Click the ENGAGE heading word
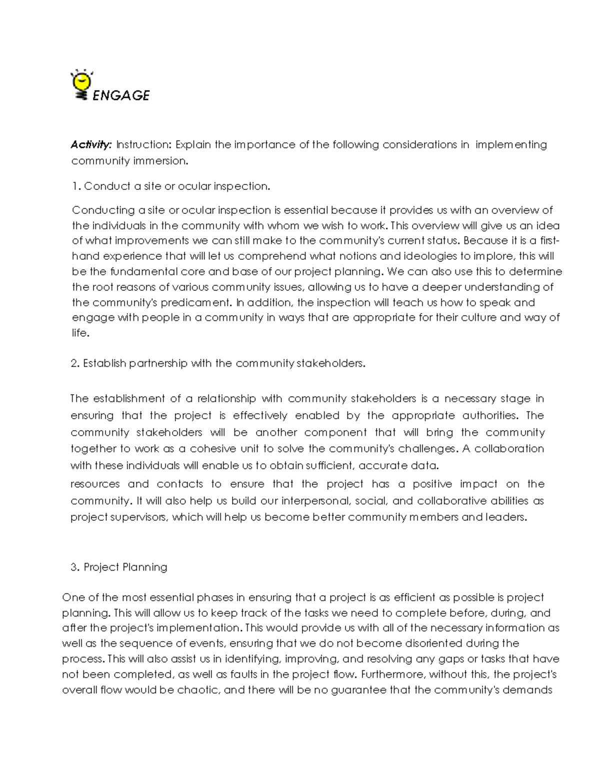pyautogui.click(x=121, y=95)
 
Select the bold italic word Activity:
pyautogui.click(x=90, y=145)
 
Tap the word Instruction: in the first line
pyautogui.click(x=144, y=145)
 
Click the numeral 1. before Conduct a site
pyautogui.click(x=76, y=186)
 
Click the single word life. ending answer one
pyautogui.click(x=80, y=333)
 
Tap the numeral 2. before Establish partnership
pyautogui.click(x=75, y=364)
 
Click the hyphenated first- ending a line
pyautogui.click(x=549, y=241)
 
